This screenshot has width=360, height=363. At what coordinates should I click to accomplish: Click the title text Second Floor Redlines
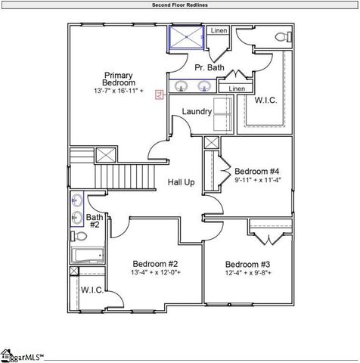(x=179, y=5)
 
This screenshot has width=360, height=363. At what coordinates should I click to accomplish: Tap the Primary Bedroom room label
(x=119, y=79)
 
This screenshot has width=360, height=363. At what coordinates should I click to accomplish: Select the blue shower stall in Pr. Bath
(x=187, y=37)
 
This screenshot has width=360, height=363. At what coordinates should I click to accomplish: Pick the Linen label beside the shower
(x=219, y=31)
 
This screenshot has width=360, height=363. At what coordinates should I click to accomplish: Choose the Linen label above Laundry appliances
(x=237, y=88)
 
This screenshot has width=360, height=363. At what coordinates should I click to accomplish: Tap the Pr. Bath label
(x=209, y=68)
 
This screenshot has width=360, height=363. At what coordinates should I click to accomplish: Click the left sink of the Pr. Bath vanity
(x=182, y=87)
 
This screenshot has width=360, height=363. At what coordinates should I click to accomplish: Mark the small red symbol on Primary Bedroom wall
(x=159, y=95)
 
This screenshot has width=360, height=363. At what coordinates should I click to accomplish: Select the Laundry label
(x=196, y=112)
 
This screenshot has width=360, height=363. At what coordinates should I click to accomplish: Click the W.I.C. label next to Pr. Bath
(x=267, y=100)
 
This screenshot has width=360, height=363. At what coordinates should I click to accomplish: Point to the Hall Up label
(x=181, y=182)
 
